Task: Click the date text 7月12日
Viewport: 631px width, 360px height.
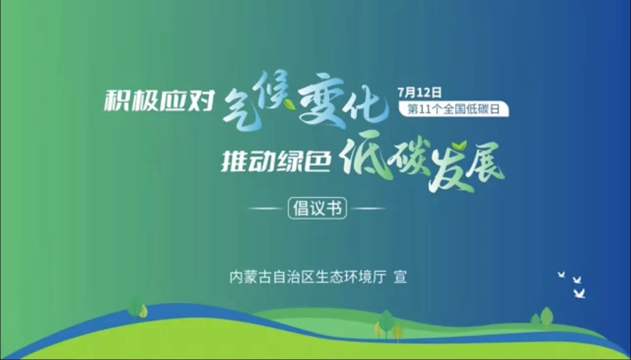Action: pyautogui.click(x=420, y=93)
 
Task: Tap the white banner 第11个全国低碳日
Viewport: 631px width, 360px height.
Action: pyautogui.click(x=454, y=109)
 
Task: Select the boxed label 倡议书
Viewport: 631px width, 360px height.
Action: pyautogui.click(x=317, y=208)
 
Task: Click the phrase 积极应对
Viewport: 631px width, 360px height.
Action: pyautogui.click(x=159, y=101)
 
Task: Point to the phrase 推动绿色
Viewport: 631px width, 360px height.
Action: pyautogui.click(x=276, y=162)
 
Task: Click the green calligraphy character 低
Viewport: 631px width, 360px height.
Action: pyautogui.click(x=364, y=159)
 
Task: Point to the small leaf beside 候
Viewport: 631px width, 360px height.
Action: pyautogui.click(x=289, y=104)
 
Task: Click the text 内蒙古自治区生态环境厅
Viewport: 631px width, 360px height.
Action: pyautogui.click(x=308, y=277)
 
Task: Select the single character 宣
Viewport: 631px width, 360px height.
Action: pyautogui.click(x=400, y=277)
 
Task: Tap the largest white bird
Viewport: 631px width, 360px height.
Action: pyautogui.click(x=580, y=293)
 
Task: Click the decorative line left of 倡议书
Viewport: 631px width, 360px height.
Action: pyautogui.click(x=265, y=209)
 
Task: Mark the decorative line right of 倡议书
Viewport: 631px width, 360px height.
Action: pyautogui.click(x=369, y=209)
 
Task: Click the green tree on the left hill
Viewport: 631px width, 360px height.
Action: pyautogui.click(x=135, y=309)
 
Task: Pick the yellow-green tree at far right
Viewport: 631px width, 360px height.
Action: pyautogui.click(x=546, y=316)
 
